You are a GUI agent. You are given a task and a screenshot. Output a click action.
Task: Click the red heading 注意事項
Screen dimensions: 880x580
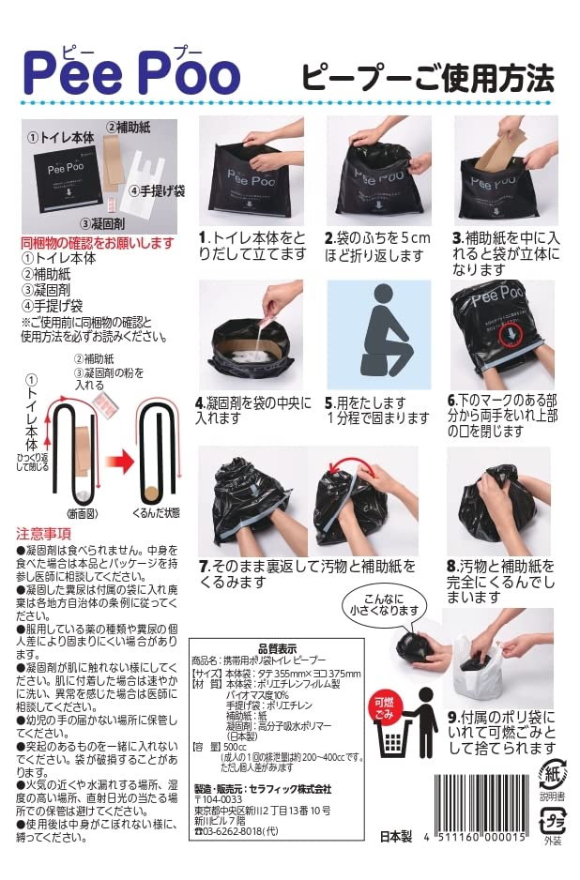click(x=43, y=532)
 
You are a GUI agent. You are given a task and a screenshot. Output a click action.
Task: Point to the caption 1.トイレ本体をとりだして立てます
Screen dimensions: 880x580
click(x=252, y=246)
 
